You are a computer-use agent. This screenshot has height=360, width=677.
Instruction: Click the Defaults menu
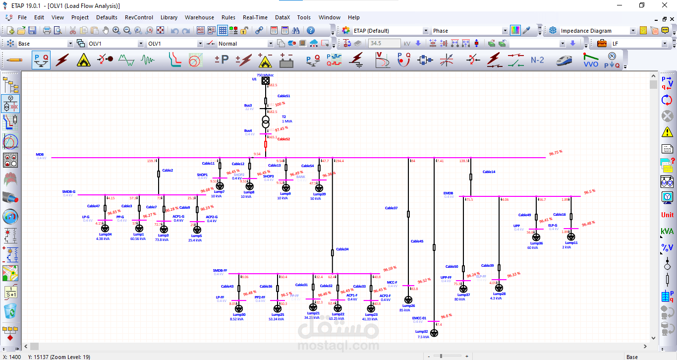coord(107,17)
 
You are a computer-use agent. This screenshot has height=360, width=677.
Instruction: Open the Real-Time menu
coord(255,17)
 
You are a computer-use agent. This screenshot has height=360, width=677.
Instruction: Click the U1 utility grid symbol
coord(266,80)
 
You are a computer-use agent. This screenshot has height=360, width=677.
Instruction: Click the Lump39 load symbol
coord(319,188)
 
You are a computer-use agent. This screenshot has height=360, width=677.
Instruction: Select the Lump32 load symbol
coord(434,333)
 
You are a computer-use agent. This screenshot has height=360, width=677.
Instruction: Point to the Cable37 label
coord(391,208)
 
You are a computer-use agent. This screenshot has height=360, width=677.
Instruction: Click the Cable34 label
coord(342,249)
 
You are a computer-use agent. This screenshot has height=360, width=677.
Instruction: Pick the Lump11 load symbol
coord(571,237)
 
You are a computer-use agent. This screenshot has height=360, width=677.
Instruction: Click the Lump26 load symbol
coord(408,300)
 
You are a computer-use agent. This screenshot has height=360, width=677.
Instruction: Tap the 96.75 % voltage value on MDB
coord(555,153)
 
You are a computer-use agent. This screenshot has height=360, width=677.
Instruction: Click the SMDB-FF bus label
coord(220,270)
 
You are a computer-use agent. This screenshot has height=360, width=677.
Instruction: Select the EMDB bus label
coord(448,193)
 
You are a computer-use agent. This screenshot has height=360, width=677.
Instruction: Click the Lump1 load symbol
coord(139,228)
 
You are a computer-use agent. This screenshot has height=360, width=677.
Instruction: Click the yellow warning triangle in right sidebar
coord(667,132)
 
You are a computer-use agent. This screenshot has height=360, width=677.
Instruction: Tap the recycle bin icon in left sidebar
coord(10,311)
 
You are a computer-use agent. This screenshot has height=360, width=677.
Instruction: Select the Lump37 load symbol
coord(463,289)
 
